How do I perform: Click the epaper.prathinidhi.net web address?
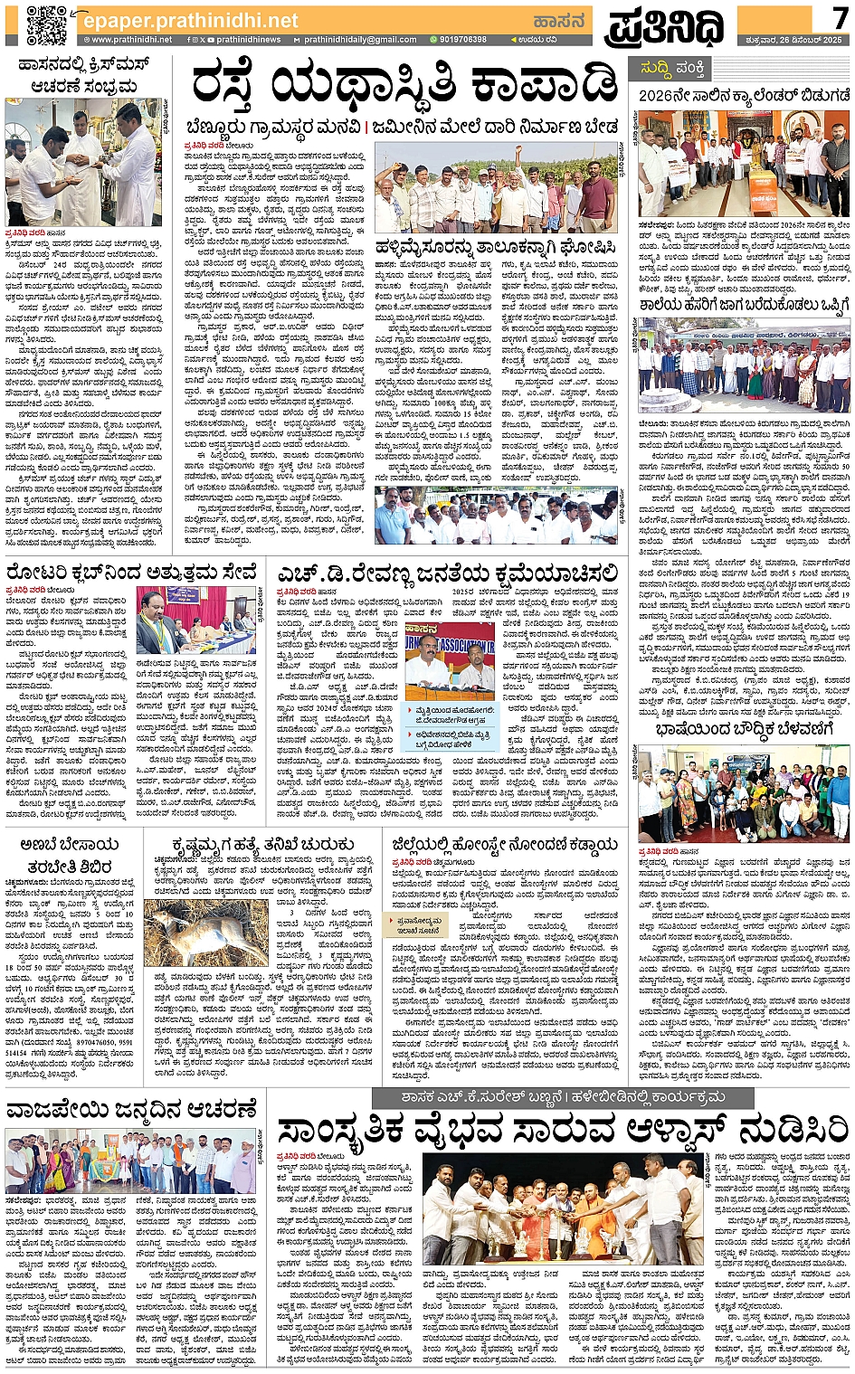[188, 20]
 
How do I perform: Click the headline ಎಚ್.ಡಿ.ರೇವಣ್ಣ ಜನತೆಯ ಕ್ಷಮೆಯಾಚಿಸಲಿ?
[449, 573]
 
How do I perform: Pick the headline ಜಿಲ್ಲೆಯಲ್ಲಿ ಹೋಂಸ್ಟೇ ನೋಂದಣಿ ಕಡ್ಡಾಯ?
[505, 844]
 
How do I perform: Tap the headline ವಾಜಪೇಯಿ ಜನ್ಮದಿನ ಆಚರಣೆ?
[132, 1108]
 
